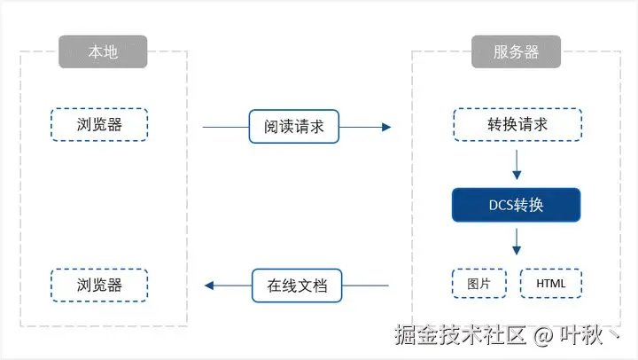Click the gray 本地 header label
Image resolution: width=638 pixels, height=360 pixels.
click(x=103, y=52)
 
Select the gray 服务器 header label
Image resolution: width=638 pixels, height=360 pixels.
click(x=517, y=52)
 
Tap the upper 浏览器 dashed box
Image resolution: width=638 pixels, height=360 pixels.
click(x=99, y=125)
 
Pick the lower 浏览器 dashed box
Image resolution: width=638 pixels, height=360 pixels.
click(x=99, y=286)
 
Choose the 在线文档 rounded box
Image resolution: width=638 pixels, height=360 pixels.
click(x=297, y=286)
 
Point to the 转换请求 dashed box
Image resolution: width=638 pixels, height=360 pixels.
click(x=517, y=125)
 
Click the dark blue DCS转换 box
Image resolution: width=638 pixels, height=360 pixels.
click(x=517, y=206)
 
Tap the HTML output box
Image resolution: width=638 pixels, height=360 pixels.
click(x=552, y=285)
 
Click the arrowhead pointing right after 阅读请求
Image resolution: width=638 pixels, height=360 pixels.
click(x=385, y=127)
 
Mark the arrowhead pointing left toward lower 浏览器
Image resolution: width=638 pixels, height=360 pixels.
click(x=209, y=286)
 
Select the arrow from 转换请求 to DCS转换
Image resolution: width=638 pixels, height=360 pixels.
click(x=517, y=165)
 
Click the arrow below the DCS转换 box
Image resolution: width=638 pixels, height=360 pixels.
click(x=517, y=241)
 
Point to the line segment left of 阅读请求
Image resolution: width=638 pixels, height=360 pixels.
click(x=225, y=127)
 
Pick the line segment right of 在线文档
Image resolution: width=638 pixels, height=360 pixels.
click(x=365, y=286)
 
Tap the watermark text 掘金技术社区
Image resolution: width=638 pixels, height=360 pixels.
click(x=462, y=335)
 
